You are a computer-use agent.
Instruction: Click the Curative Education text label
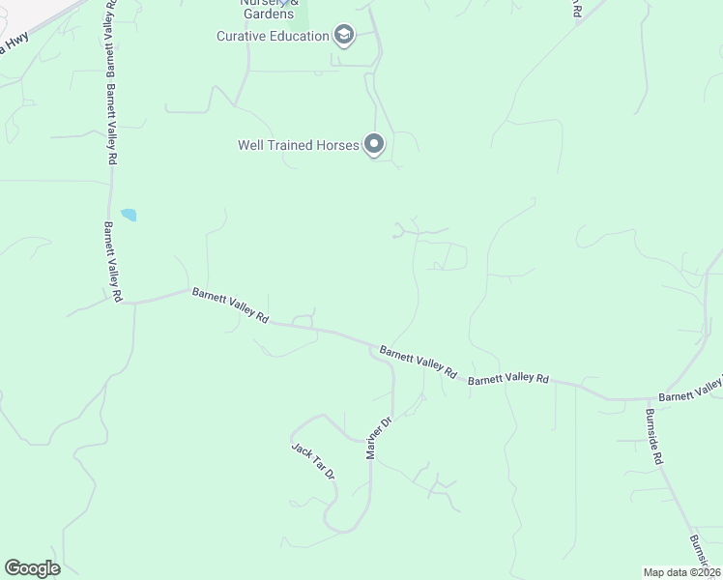coord(273,37)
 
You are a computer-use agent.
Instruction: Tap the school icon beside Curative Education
coord(343,37)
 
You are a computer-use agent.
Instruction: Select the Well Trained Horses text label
coord(298,145)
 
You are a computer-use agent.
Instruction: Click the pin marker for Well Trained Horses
coord(374,145)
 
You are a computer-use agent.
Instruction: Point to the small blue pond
coord(129,215)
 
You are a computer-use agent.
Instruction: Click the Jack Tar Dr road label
coord(312,461)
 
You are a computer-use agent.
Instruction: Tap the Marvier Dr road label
coord(377,438)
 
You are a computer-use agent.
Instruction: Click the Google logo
coord(32,568)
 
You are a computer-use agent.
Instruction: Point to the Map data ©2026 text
coord(681,572)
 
